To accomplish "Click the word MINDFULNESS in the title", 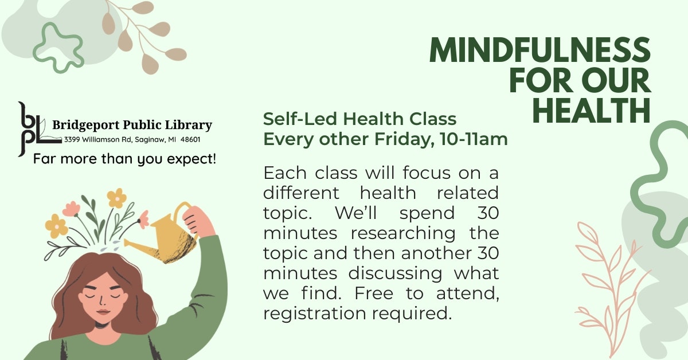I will pos(540,52).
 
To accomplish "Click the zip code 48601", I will pos(190,139).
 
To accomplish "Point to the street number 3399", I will pos(72,139).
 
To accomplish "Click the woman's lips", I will pos(103,311).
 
